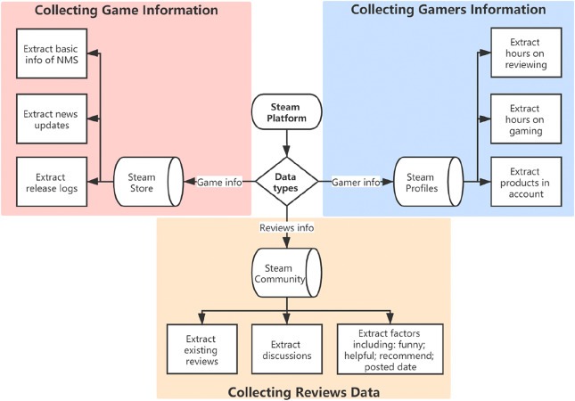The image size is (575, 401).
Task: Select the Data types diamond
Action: tap(287, 181)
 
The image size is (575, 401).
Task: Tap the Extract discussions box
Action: tap(286, 348)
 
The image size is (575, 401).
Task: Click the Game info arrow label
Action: tap(218, 182)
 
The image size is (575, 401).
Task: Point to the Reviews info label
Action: tap(287, 228)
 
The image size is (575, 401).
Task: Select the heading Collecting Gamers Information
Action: tap(448, 11)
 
